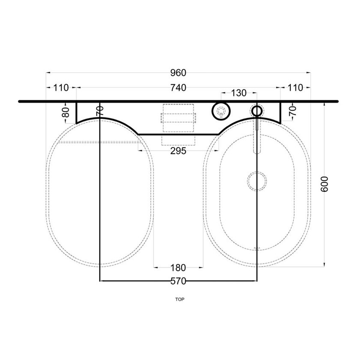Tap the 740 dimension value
178,88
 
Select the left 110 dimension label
61,88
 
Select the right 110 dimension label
295,88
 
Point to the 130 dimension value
239,93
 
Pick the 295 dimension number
178,151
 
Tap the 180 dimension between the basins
178,268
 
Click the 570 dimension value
178,281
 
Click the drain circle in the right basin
257,181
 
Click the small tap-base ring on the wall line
257,111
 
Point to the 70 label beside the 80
100,112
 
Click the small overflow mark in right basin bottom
257,248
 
